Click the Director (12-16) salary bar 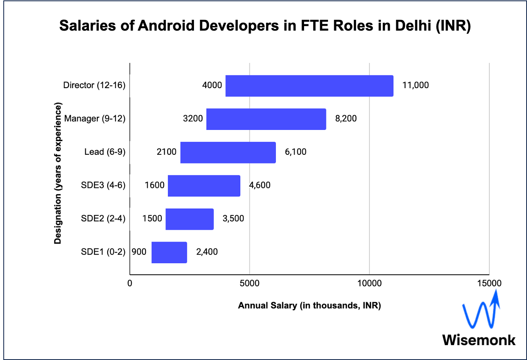point(309,86)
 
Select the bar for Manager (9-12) point(266,119)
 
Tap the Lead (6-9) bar point(228,152)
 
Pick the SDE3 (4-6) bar point(204,186)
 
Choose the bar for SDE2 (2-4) point(189,219)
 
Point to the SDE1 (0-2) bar point(169,252)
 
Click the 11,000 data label point(415,86)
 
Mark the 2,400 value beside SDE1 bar point(207,252)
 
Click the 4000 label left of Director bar point(212,86)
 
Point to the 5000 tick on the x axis point(249,283)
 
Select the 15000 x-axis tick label point(489,283)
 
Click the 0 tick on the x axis point(130,283)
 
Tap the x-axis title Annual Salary point(309,306)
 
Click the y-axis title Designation point(58,174)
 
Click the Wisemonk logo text point(479,340)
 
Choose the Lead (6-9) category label point(105,152)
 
